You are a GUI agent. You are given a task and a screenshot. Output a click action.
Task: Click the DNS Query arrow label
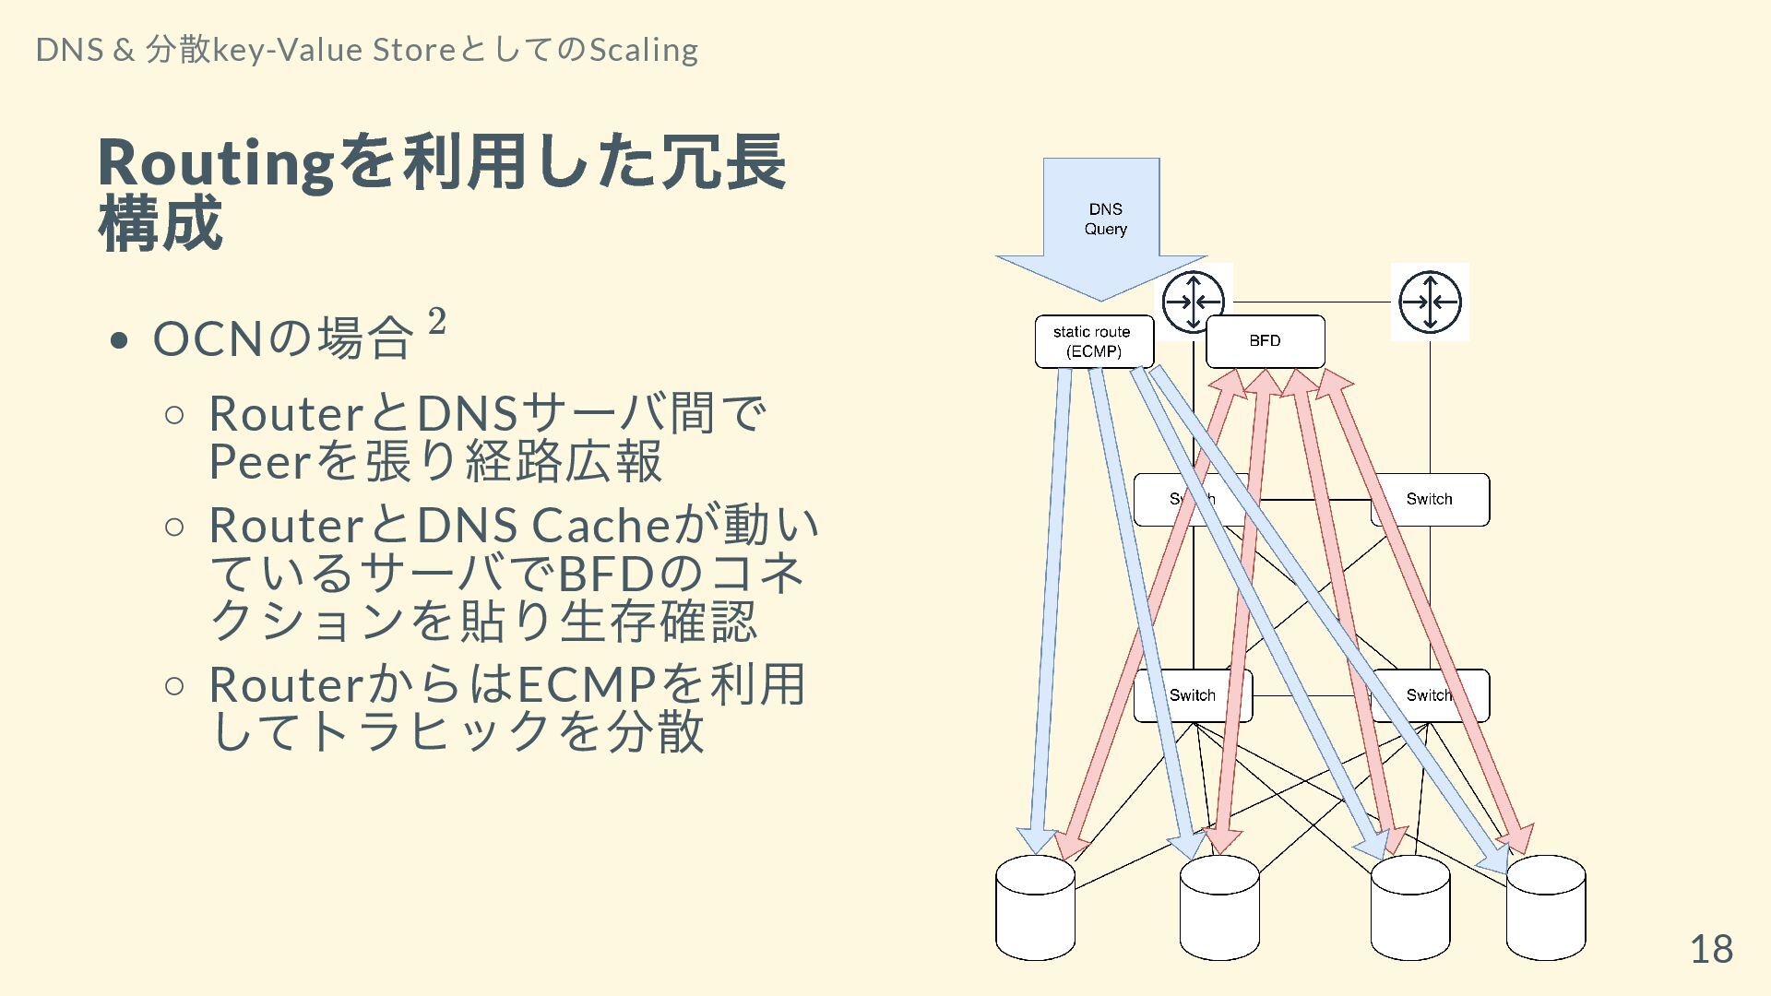click(1105, 219)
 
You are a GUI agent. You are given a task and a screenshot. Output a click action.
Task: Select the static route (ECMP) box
click(1093, 342)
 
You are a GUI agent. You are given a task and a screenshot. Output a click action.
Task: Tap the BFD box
click(1265, 341)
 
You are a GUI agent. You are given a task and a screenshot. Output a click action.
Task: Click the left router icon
click(1193, 301)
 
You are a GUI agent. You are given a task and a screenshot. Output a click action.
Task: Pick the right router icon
click(1430, 302)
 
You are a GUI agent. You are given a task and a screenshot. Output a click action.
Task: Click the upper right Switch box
click(1430, 500)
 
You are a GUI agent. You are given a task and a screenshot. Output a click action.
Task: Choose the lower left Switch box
click(1192, 695)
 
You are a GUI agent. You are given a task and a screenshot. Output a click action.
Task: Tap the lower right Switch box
click(1429, 695)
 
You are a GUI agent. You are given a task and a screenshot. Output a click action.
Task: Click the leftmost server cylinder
click(1035, 908)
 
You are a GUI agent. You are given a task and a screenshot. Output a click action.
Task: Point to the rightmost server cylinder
click(1546, 908)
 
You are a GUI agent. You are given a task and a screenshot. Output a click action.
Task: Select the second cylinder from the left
click(1219, 908)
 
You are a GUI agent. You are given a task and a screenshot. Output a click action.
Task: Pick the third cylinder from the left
click(1409, 908)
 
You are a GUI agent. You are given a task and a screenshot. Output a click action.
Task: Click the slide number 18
click(1711, 949)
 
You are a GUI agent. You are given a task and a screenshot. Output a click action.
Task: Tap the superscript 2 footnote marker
click(437, 322)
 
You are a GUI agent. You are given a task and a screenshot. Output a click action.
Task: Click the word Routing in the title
click(215, 162)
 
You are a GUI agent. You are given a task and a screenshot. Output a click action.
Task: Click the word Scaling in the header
click(643, 50)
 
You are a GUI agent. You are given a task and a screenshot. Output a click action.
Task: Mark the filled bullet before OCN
click(118, 341)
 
